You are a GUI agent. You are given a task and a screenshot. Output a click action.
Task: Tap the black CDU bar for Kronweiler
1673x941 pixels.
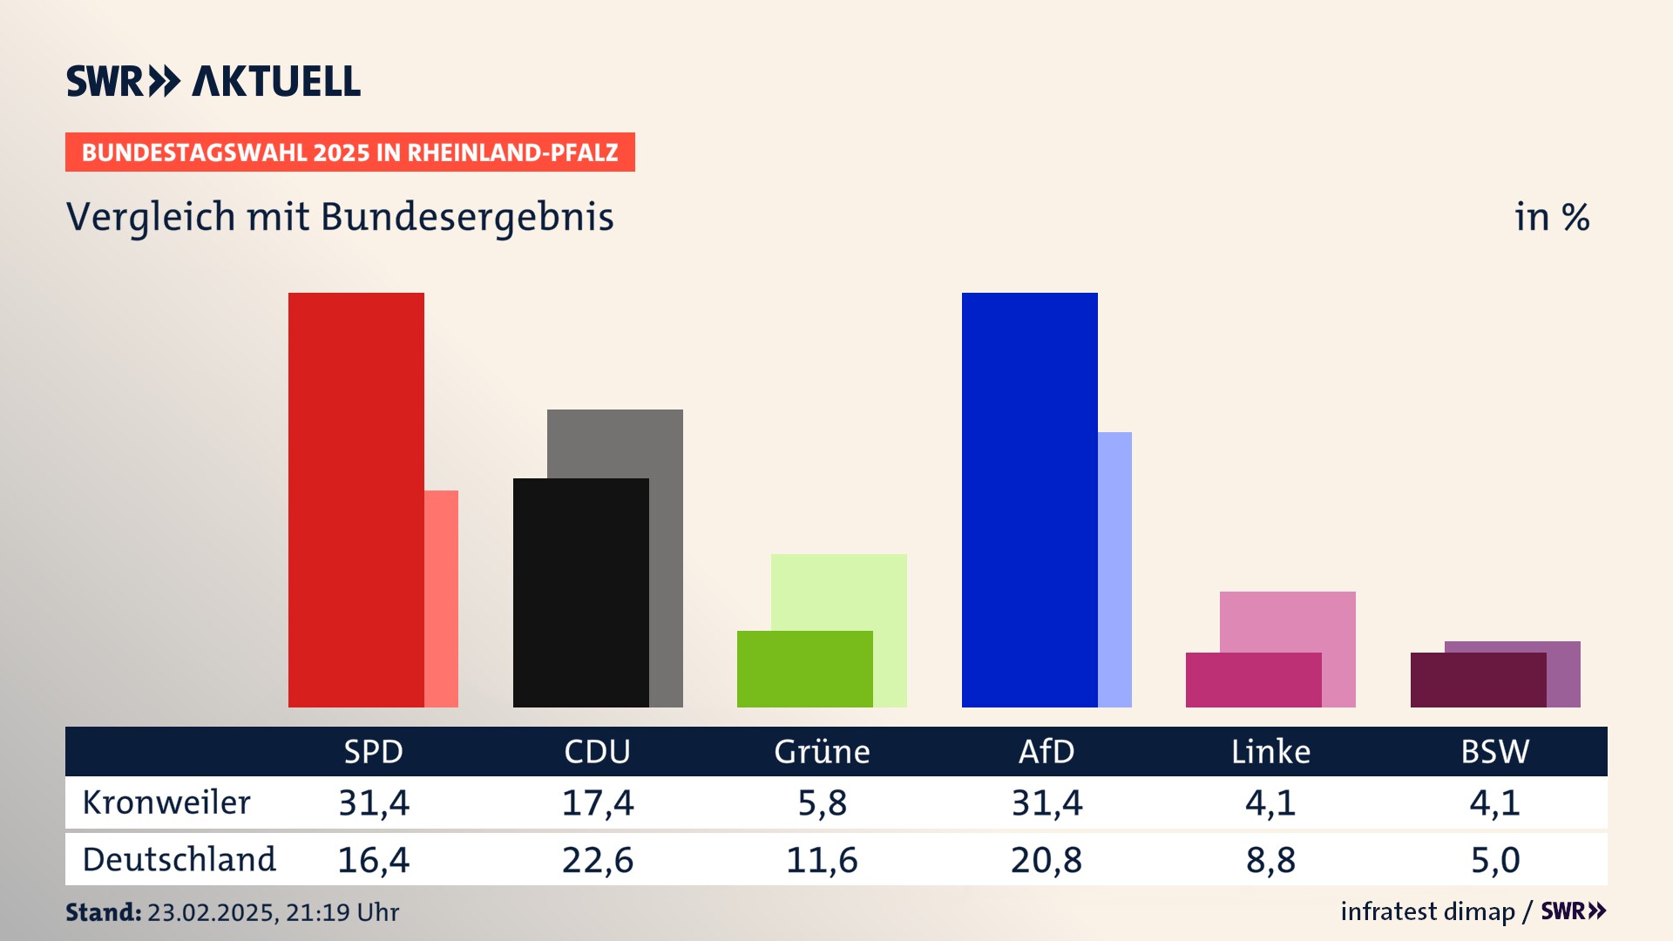click(580, 592)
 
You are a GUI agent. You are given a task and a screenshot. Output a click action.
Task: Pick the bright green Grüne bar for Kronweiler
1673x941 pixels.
click(804, 668)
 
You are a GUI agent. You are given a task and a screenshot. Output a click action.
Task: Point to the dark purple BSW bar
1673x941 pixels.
click(1478, 680)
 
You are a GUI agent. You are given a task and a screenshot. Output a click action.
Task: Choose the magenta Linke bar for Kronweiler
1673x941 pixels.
click(1253, 680)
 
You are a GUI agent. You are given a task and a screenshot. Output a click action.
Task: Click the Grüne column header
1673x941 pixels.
click(822, 751)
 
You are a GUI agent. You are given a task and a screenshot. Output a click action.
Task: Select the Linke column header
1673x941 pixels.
click(1270, 751)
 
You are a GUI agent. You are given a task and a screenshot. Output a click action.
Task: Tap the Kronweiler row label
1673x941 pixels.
click(166, 802)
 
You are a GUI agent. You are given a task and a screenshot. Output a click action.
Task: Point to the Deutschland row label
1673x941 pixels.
click(179, 860)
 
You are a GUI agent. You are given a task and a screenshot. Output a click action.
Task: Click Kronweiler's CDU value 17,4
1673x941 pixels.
click(598, 802)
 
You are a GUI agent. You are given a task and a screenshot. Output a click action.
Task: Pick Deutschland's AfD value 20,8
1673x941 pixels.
click(1046, 860)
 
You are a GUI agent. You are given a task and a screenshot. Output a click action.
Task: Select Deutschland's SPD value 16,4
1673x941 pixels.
click(373, 860)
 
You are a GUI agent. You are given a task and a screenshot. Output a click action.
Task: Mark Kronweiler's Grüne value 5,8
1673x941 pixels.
click(822, 802)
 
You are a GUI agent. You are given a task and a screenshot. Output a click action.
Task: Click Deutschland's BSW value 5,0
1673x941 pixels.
click(1495, 860)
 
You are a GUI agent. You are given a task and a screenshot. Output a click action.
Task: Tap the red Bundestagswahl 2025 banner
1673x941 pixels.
click(349, 152)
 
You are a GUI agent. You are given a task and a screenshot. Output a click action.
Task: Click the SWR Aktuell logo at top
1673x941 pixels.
click(213, 81)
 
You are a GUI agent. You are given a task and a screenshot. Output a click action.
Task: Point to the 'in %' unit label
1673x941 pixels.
click(1552, 217)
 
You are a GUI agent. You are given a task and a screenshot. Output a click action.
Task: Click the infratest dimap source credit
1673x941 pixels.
click(1427, 911)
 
